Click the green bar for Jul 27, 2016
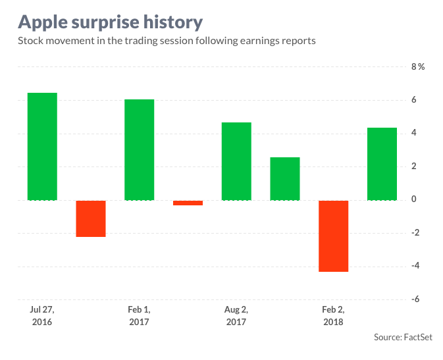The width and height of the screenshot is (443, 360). (42, 146)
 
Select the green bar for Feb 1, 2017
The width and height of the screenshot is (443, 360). (139, 149)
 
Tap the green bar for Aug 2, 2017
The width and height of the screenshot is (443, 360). (236, 161)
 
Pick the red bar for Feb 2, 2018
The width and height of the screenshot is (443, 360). (333, 236)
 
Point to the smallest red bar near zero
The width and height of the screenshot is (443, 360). (188, 203)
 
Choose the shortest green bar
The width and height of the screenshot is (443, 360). (284, 178)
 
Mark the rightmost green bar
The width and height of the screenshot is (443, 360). (382, 163)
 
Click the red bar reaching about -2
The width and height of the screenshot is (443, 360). (91, 218)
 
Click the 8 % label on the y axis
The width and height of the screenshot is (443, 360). (418, 67)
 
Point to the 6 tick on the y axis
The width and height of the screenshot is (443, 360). (414, 100)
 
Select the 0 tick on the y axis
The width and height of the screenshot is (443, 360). (414, 199)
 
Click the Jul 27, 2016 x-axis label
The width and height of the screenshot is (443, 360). (41, 315)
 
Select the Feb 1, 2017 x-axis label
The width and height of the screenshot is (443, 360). (139, 315)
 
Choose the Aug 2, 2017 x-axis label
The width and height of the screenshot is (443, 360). (236, 315)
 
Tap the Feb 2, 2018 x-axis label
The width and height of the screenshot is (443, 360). (333, 315)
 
